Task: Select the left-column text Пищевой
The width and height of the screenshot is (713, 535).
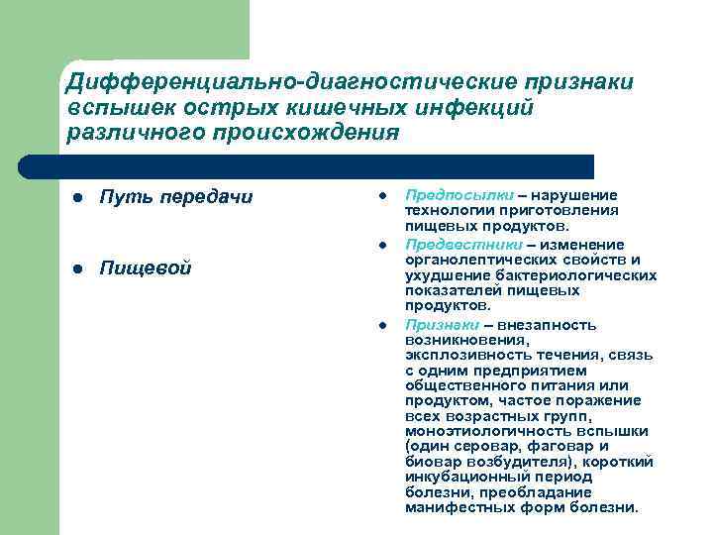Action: pos(146,268)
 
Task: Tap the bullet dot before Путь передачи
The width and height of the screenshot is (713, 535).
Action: pos(76,197)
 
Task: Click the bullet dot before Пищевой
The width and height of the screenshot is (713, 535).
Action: pos(76,269)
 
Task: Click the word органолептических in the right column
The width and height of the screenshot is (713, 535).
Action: pos(471,260)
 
